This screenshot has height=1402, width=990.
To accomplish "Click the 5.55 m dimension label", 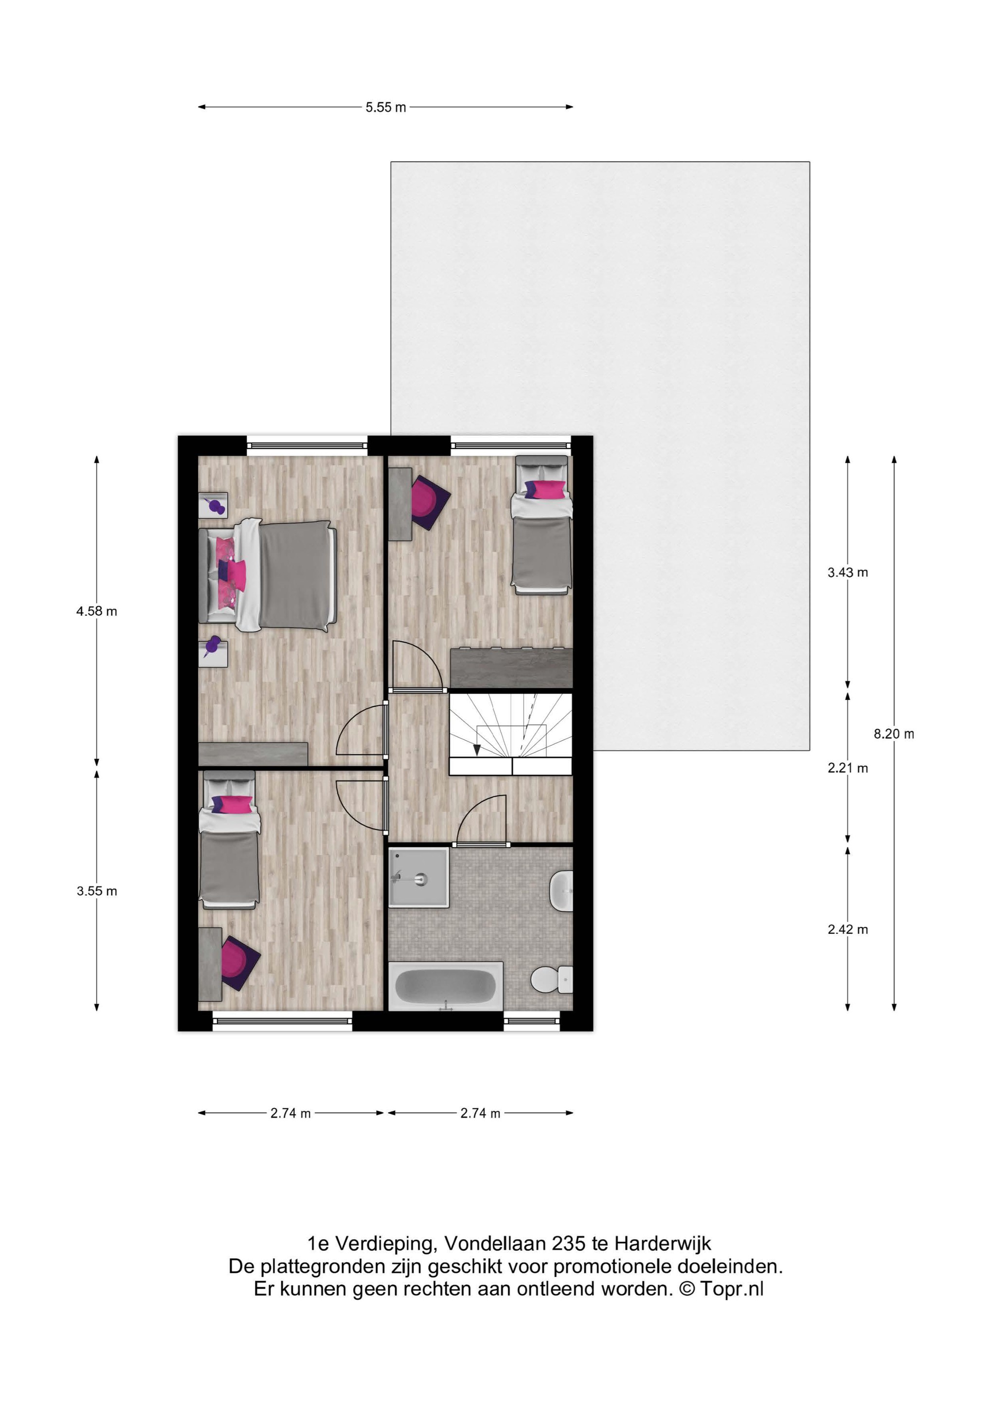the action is pos(386,108).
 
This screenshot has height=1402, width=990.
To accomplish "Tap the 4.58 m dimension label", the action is pos(96,611).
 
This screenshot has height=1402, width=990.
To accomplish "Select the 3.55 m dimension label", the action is pos(96,891).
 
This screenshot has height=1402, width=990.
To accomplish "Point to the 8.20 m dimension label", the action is pos(894,734).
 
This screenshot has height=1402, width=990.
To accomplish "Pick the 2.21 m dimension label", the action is pos(847,768).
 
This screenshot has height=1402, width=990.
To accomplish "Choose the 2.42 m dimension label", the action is pos(847,929).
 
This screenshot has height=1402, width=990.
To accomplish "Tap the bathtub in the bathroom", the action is pos(446,986).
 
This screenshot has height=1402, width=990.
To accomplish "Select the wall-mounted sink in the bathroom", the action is pos(561,891).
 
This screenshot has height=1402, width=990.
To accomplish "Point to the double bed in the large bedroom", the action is pos(268,575).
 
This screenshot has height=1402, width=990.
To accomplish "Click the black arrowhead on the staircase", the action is pos(477,751).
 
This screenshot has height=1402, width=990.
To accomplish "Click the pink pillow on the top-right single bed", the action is pos(545,489).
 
